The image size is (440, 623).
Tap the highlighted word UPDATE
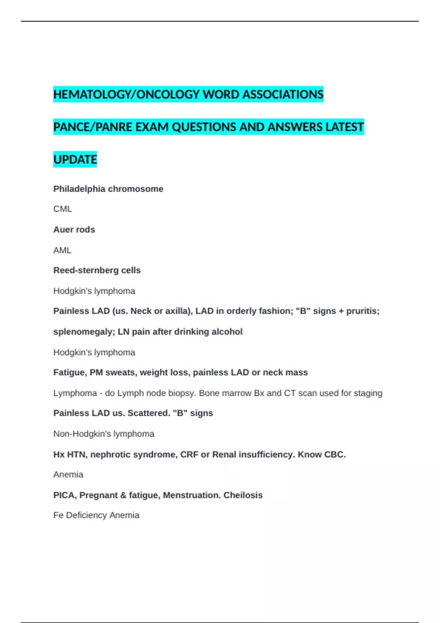(x=75, y=160)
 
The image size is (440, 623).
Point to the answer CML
(x=63, y=209)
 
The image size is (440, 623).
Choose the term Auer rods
(x=74, y=229)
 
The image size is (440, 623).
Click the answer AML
(x=62, y=250)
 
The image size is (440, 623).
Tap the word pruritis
(x=363, y=311)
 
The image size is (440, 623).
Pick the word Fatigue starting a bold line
(x=70, y=372)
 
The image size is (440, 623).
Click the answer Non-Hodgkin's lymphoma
(x=104, y=434)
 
